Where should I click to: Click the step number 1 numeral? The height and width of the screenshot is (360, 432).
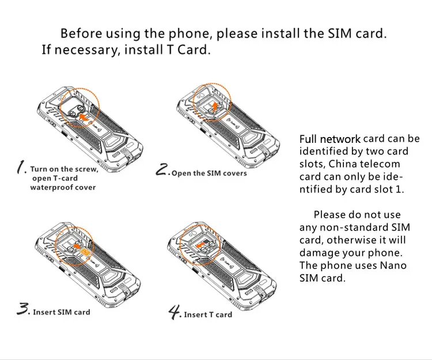(22, 168)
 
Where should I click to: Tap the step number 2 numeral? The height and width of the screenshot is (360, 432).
(163, 170)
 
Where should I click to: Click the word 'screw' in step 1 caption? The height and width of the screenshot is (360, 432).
(87, 169)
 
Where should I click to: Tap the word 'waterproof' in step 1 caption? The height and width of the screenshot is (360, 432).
(50, 187)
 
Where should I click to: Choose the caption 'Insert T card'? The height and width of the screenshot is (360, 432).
(208, 314)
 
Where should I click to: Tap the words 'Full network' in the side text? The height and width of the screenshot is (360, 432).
(329, 139)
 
